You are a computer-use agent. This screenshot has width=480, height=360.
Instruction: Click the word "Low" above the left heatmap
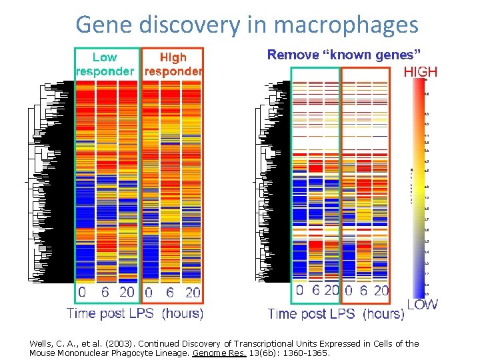[x=105, y=58]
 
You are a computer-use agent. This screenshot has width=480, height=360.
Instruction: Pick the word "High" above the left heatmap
[x=173, y=58]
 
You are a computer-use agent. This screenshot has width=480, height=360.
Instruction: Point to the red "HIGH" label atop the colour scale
[x=420, y=72]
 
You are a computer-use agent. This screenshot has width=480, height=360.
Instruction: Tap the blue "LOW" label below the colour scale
[x=422, y=305]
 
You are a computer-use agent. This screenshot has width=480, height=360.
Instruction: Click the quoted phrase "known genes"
[x=376, y=55]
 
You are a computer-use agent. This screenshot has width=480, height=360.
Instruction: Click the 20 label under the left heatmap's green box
[x=127, y=293]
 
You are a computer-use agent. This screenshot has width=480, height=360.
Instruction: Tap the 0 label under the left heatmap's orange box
[x=149, y=293]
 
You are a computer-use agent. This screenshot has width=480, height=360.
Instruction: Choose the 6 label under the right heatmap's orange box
[x=363, y=291]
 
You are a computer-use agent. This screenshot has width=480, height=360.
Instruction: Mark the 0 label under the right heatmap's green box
[x=299, y=291]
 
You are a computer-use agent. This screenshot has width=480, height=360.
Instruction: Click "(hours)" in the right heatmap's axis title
[x=383, y=314]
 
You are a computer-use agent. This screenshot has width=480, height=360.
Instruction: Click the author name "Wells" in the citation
[x=40, y=344]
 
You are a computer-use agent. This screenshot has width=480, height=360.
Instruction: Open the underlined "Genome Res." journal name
[x=210, y=353]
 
